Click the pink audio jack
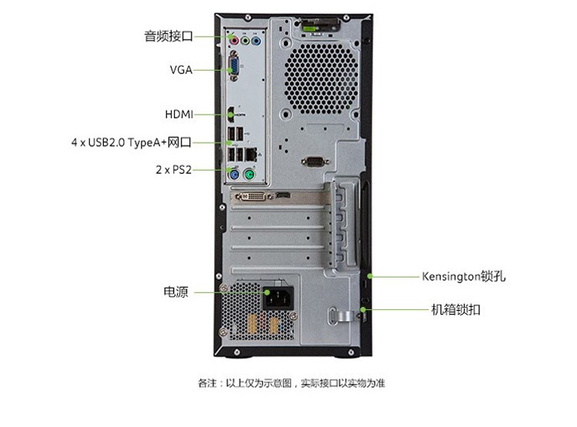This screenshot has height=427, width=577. (233, 40)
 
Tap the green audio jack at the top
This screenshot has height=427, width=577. (245, 40)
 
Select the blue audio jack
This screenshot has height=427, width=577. (256, 40)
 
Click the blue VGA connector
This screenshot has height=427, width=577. (234, 66)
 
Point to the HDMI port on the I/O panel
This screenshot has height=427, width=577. (231, 115)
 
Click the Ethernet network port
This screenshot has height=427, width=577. (251, 154)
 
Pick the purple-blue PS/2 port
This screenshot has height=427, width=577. (234, 174)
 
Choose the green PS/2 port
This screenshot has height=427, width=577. (249, 174)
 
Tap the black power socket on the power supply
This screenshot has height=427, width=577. (278, 297)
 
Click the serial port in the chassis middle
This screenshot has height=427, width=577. (314, 162)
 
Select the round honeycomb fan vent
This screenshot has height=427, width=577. (322, 78)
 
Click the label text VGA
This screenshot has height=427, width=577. (181, 69)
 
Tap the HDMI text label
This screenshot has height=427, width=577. (179, 115)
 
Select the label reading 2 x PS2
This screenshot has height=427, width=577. (174, 170)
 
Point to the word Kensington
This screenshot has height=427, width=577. (451, 276)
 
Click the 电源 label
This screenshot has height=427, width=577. (176, 292)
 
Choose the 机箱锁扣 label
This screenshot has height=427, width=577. (455, 309)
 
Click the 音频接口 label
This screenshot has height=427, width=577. (168, 36)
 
